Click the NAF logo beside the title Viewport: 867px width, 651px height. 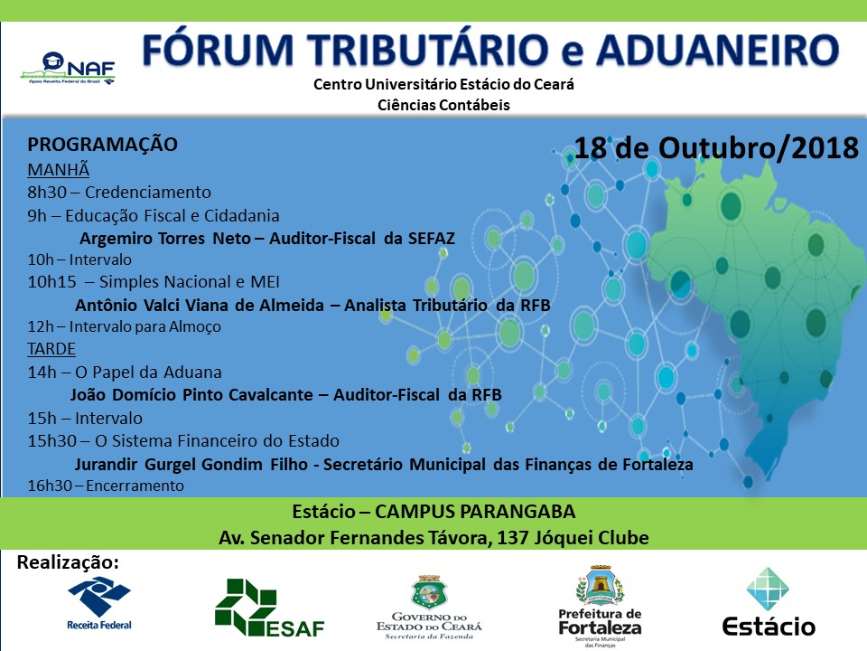click(x=68, y=68)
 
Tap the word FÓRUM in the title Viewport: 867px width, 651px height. click(x=218, y=49)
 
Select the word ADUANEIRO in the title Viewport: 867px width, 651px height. click(x=717, y=49)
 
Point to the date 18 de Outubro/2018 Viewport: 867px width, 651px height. click(x=716, y=147)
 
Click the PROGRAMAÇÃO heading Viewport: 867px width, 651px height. click(x=102, y=145)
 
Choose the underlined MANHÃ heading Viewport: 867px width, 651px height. click(x=58, y=169)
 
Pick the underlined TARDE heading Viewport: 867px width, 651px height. click(x=51, y=349)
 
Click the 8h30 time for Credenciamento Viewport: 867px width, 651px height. click(x=47, y=192)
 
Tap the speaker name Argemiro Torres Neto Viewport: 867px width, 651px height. click(x=165, y=238)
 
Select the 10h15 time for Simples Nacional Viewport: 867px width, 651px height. click(x=52, y=282)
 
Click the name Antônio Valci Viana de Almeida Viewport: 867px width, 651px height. click(x=200, y=305)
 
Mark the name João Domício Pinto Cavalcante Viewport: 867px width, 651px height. click(x=191, y=395)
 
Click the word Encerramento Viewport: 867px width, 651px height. click(x=135, y=486)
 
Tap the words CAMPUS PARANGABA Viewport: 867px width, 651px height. click(x=475, y=512)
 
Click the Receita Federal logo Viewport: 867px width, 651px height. click(x=99, y=603)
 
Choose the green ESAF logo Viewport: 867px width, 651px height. click(x=269, y=608)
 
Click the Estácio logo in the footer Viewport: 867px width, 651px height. click(x=769, y=602)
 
